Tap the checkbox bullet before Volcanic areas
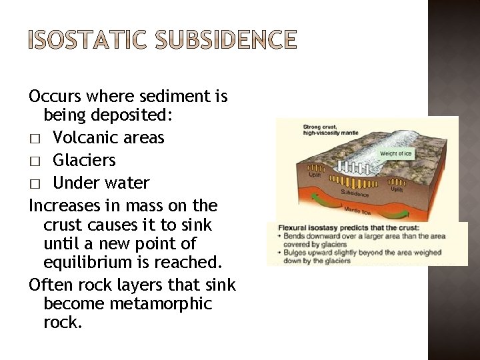click(x=36, y=139)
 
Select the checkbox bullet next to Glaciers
click(x=36, y=161)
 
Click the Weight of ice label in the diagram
click(x=396, y=154)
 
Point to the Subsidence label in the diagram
click(x=355, y=192)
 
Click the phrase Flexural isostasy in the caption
click(x=307, y=227)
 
